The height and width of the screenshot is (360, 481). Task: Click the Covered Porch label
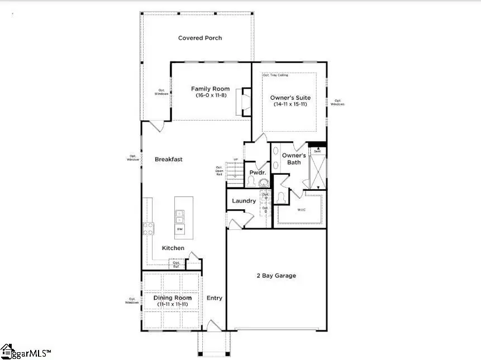click(200, 38)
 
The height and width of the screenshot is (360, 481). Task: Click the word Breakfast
click(169, 159)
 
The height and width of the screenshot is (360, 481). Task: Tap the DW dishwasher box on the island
click(180, 229)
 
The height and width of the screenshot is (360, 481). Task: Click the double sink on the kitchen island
click(180, 216)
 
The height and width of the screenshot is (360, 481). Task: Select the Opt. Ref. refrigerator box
click(177, 264)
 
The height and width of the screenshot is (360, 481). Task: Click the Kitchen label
click(173, 248)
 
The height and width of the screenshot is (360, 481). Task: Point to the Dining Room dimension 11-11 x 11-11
click(172, 305)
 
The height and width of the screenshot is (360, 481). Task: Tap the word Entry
click(215, 298)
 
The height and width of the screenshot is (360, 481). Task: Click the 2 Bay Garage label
click(276, 275)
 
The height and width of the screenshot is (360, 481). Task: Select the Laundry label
click(244, 201)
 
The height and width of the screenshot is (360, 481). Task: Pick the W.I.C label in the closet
click(301, 210)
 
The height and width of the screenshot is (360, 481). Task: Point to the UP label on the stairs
click(236, 160)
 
